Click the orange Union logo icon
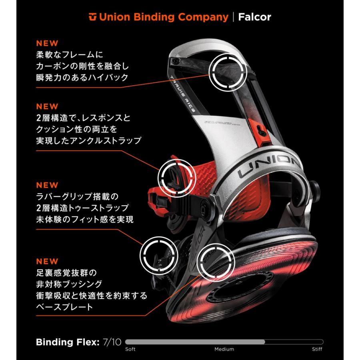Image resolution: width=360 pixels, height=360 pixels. tap(93, 17)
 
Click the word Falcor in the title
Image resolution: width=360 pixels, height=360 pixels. tap(255, 17)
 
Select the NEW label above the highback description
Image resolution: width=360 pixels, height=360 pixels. tap(47, 43)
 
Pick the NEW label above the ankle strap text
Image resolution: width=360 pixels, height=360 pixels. tap(47, 106)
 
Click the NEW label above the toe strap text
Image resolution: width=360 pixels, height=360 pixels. tap(47, 185)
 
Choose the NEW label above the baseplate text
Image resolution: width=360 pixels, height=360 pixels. tap(47, 261)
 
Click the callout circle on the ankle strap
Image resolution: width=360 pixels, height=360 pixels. tap(177, 160)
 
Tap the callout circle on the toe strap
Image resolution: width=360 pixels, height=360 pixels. tap(159, 238)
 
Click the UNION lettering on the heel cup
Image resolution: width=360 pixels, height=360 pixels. tap(269, 165)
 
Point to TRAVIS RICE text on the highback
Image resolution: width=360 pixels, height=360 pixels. tap(183, 94)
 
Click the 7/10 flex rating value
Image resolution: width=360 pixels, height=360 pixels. tap(112, 342)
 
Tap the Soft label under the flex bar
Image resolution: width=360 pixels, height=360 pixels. tap(130, 349)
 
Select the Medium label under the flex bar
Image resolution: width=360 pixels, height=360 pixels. tap(224, 349)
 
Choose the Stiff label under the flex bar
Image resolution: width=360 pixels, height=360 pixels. tap(317, 349)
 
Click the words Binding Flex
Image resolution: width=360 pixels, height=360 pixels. tap(68, 342)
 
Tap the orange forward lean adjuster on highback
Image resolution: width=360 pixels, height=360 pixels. tap(260, 131)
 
